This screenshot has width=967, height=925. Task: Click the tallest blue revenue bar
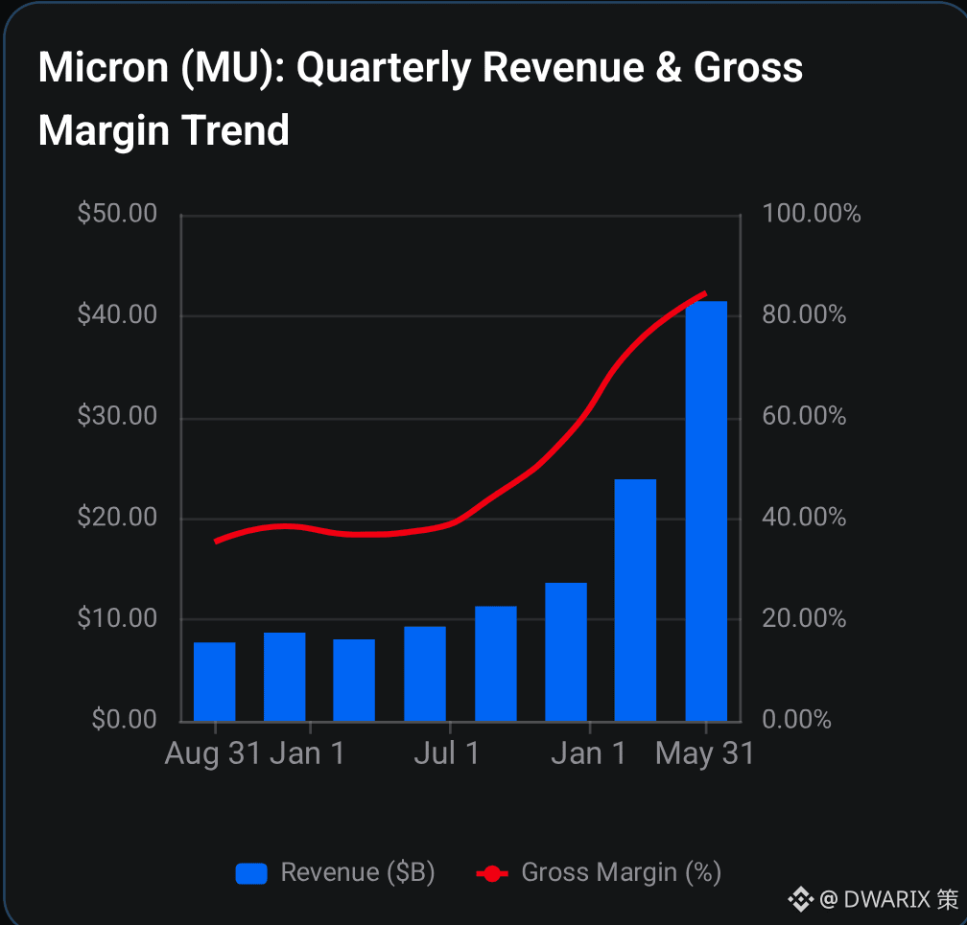click(706, 511)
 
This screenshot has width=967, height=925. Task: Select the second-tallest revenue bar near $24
click(635, 600)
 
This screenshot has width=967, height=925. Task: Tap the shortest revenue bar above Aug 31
click(215, 682)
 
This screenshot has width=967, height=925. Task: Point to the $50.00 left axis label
click(117, 213)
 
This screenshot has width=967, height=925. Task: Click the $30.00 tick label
click(117, 415)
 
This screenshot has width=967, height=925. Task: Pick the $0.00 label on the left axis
click(124, 719)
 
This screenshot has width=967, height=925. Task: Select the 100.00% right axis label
click(812, 213)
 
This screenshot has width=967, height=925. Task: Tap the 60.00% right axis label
click(804, 415)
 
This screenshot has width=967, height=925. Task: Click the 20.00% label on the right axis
click(804, 617)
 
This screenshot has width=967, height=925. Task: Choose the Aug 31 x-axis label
click(213, 753)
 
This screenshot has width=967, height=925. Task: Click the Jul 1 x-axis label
click(447, 753)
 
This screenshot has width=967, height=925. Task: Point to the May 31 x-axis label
click(704, 753)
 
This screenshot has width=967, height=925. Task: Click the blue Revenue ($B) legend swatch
click(251, 873)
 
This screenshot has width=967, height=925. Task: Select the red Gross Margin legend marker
click(492, 873)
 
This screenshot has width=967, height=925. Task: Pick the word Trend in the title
click(236, 130)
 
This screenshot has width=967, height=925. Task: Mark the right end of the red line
click(705, 294)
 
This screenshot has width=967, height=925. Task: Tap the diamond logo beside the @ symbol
click(800, 900)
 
